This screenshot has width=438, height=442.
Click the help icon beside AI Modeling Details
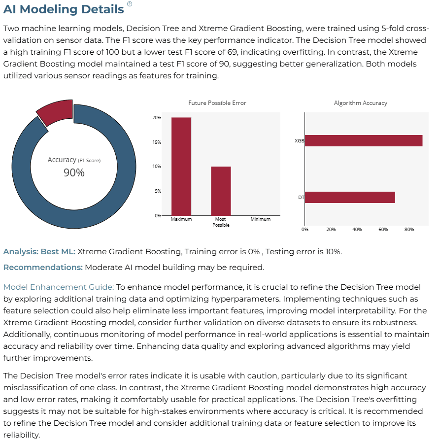tap(130, 4)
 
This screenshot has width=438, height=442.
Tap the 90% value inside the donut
tap(74, 172)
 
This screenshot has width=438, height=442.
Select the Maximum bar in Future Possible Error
tap(181, 167)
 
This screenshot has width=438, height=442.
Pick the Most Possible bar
tap(221, 191)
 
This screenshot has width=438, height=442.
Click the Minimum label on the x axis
tap(261, 219)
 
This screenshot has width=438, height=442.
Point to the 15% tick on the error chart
tap(157, 142)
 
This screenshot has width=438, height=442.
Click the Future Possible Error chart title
tap(217, 103)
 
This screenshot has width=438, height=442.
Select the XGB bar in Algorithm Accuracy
tap(364, 140)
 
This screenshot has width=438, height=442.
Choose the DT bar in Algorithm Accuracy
tap(350, 197)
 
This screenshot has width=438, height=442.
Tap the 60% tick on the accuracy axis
tap(383, 230)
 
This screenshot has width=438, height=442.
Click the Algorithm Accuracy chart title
tap(361, 103)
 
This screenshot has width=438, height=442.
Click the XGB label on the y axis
tap(300, 140)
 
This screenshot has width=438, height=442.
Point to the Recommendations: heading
tap(43, 267)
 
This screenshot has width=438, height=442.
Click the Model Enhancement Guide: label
tap(59, 287)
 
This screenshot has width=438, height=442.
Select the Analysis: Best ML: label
tap(39, 251)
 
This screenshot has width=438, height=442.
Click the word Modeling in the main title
tap(48, 9)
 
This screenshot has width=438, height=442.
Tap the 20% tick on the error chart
tap(157, 118)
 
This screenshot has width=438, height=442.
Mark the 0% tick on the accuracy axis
tap(304, 230)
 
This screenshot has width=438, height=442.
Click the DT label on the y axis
tap(302, 197)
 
